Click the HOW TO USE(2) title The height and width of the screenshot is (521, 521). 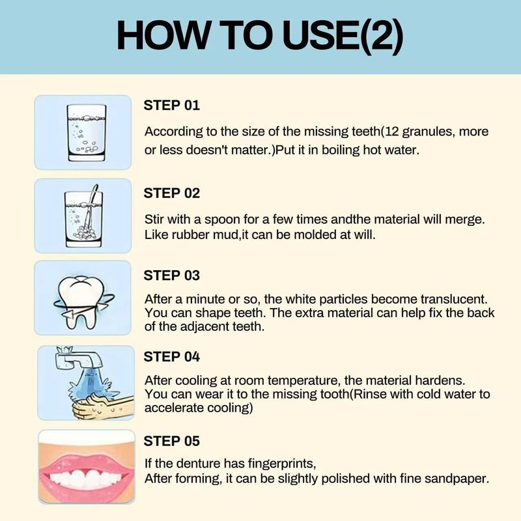[260, 36]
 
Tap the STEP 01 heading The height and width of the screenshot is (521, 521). [172, 106]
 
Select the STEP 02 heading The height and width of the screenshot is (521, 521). [172, 193]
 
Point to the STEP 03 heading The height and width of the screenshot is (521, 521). [172, 275]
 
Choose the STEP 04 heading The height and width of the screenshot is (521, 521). [172, 357]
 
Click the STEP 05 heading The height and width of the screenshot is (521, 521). [172, 442]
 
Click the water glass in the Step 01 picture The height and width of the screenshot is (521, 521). [87, 133]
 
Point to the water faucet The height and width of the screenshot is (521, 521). [78, 359]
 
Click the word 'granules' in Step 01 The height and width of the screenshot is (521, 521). [428, 132]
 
